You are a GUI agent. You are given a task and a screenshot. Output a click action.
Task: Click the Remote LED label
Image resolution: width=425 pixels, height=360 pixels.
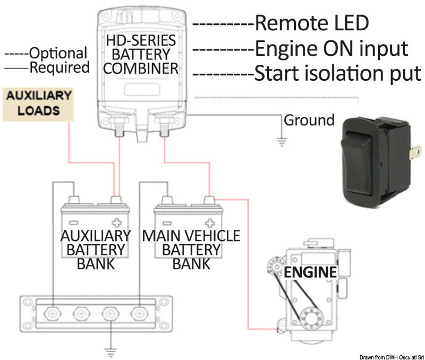[311, 23]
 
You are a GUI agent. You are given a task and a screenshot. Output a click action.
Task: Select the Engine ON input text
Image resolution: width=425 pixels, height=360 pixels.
[331, 48]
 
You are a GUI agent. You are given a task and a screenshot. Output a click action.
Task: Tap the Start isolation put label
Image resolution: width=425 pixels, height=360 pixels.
[338, 73]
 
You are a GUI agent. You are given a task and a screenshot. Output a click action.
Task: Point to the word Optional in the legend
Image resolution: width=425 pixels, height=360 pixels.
[58, 53]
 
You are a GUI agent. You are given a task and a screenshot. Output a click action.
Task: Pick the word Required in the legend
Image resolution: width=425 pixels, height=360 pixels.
[59, 67]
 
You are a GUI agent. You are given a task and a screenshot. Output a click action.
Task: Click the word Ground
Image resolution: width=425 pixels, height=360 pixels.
[309, 120]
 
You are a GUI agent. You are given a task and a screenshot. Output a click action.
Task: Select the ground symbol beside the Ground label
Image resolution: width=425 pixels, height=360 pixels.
[282, 141]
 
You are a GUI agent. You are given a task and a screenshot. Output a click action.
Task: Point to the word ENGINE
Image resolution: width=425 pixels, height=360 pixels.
[310, 273]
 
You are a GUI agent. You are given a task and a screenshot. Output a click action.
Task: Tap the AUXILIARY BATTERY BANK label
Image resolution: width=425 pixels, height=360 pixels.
[96, 249]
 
